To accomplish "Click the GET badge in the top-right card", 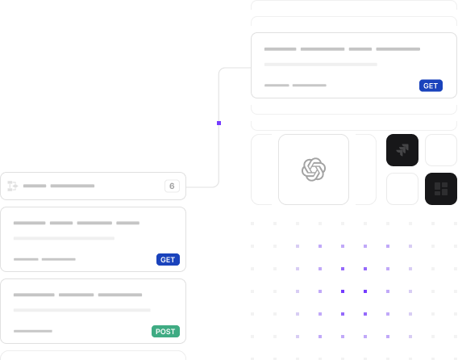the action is point(431,86).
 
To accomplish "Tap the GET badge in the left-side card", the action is point(168,259).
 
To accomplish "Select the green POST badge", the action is point(165,331).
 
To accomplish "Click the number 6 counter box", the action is point(172,186).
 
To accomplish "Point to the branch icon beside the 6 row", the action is point(13,186).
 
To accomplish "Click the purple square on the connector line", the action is point(219,123).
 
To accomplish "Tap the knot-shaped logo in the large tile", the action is point(314,170).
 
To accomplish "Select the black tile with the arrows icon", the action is point(402,150).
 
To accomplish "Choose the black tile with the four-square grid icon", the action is point(441,189).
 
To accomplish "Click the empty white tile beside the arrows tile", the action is point(441,150).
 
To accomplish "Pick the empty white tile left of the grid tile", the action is point(402,189).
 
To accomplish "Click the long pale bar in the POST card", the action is point(82,310).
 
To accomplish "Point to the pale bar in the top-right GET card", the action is point(321,65).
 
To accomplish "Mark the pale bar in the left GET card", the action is point(64,238).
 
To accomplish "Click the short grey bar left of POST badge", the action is point(33,331).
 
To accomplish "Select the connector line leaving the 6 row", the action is point(219,127).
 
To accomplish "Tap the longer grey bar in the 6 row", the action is point(73,186).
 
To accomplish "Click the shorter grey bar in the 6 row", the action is point(35,186).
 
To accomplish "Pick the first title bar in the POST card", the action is point(34,295).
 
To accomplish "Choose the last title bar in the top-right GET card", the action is point(398,49).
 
